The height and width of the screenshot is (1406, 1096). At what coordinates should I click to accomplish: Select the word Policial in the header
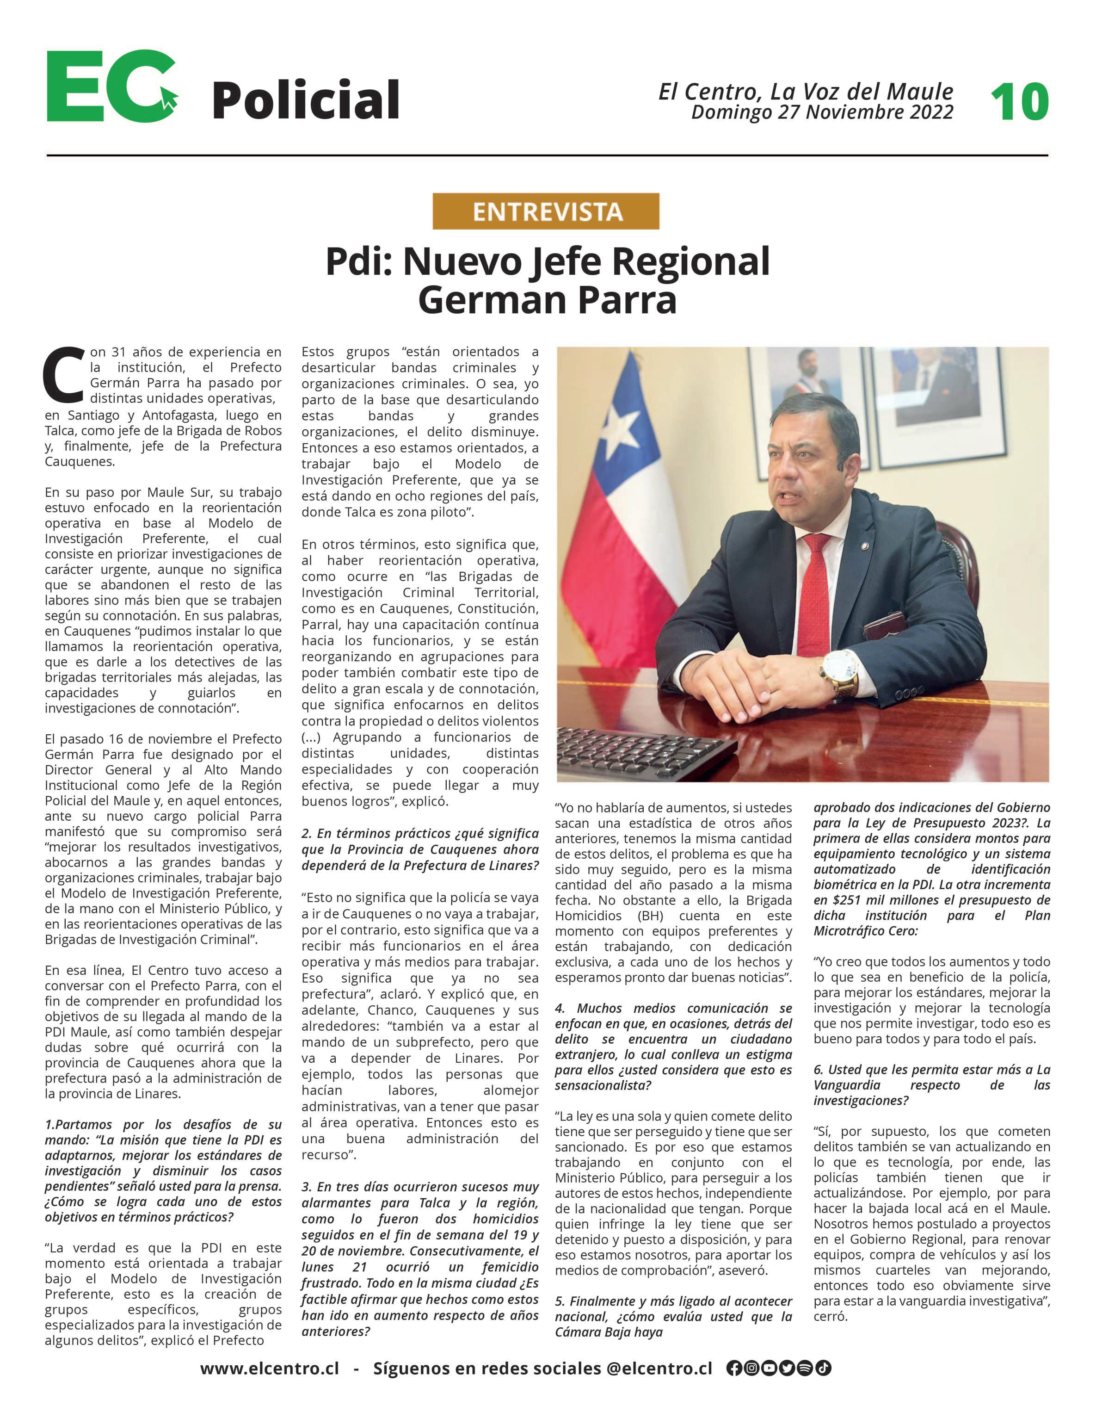click(306, 100)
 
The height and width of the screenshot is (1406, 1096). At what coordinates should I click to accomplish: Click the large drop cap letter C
click(64, 374)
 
